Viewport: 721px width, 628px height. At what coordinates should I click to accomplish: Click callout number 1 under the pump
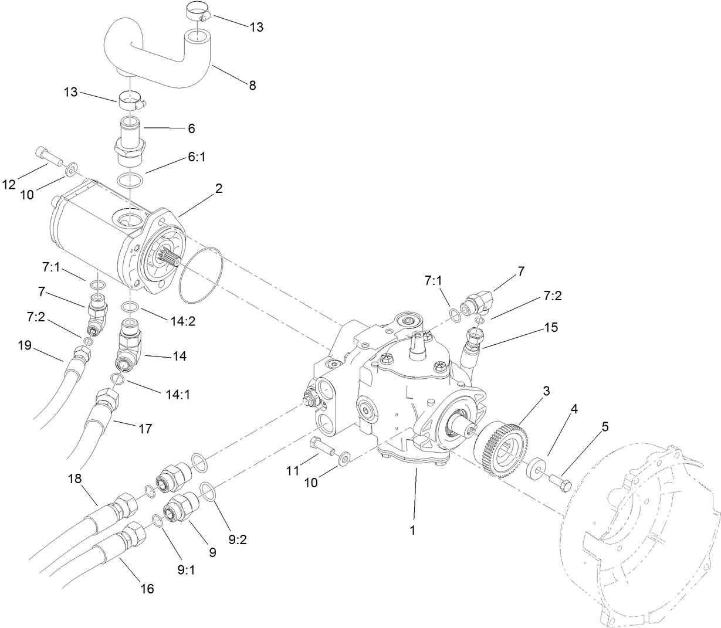[412, 531]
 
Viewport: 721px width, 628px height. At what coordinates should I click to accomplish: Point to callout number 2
[218, 189]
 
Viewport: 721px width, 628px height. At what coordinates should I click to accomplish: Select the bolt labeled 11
[320, 447]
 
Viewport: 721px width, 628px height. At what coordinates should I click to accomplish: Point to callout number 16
[148, 588]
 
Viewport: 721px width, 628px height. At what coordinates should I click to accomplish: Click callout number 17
[145, 429]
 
